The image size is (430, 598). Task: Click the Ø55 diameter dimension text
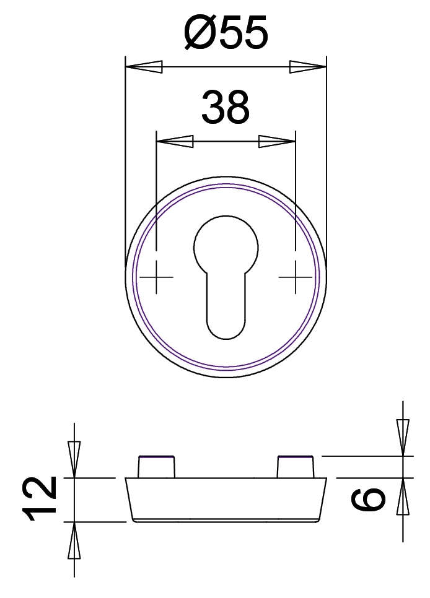pyautogui.click(x=226, y=33)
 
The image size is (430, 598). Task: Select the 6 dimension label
pyautogui.click(x=368, y=499)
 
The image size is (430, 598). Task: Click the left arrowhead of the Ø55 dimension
pyautogui.click(x=144, y=67)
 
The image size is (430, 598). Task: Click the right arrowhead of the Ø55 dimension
pyautogui.click(x=308, y=67)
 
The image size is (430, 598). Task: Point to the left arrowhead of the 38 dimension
pyautogui.click(x=175, y=141)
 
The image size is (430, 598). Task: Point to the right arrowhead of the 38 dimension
pyautogui.click(x=277, y=141)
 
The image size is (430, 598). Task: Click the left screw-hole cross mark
pyautogui.click(x=156, y=277)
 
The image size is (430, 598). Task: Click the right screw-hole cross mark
pyautogui.click(x=295, y=277)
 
